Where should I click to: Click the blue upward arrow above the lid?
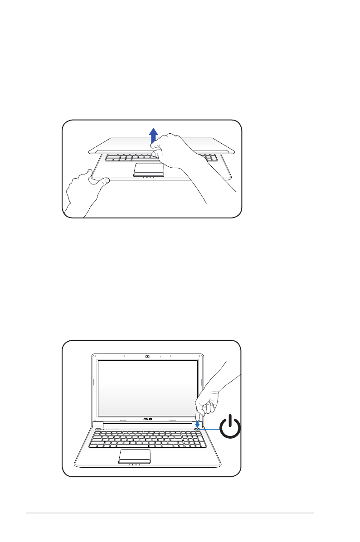pyautogui.click(x=154, y=135)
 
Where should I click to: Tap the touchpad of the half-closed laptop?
pyautogui.click(x=149, y=169)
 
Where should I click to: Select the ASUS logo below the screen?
pyautogui.click(x=147, y=419)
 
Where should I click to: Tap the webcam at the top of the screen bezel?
pyautogui.click(x=147, y=357)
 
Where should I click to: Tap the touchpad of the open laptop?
pyautogui.click(x=135, y=456)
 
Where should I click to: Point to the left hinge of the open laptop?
pyautogui.click(x=97, y=425)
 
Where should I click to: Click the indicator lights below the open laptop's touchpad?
pyautogui.click(x=135, y=465)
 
